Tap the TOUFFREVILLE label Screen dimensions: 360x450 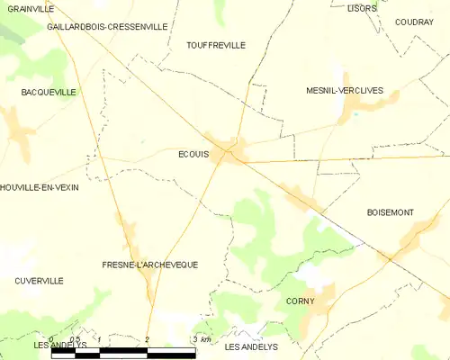215,45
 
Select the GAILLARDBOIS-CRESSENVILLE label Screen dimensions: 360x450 107,27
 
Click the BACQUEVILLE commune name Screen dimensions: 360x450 49,93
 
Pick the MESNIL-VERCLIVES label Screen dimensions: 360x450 344,91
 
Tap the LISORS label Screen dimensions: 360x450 362,8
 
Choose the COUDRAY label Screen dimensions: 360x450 414,22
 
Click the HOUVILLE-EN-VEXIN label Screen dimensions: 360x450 40,187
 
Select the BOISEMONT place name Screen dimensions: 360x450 390,212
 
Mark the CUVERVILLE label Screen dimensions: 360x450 39,281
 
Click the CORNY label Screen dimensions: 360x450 300,301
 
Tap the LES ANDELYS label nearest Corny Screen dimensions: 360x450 251,346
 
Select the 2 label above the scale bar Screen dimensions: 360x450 147,339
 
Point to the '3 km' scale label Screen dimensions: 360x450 202,339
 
